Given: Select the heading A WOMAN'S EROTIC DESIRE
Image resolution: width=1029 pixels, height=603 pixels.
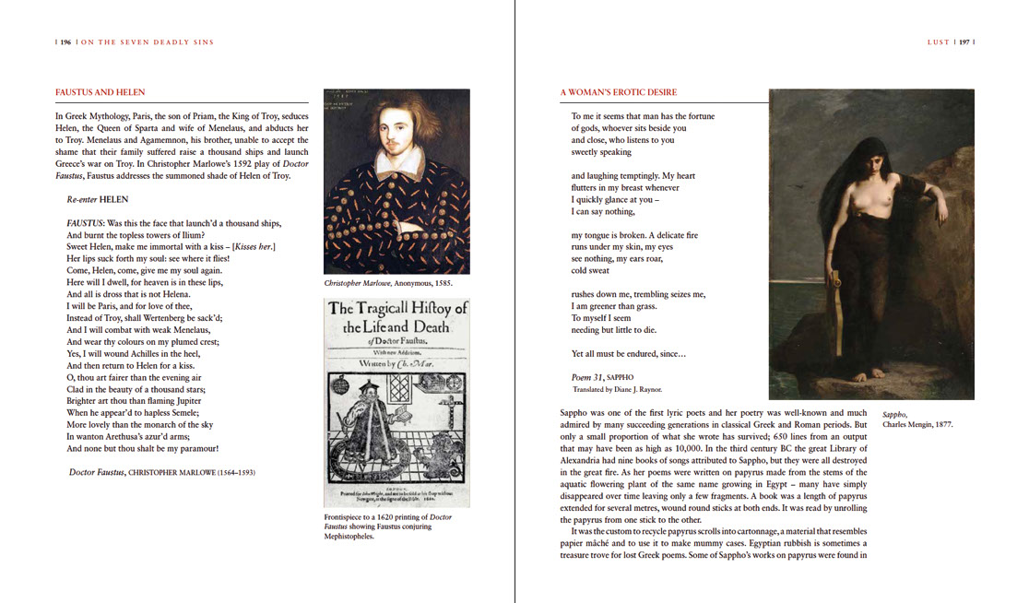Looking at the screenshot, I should coord(618,92).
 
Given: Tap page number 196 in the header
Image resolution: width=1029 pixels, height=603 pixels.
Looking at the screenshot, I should coord(65,41).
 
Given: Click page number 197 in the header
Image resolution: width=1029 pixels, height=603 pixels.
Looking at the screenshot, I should coord(964,41).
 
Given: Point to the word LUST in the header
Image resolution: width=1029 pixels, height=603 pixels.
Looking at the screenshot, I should coord(939,41).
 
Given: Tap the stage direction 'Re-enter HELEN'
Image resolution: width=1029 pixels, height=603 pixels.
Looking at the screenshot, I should coord(97,198).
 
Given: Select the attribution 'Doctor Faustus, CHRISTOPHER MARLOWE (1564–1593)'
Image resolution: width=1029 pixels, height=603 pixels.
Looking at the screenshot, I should coord(161,472).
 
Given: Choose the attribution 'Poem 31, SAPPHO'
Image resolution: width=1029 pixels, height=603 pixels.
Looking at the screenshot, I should coord(605,377).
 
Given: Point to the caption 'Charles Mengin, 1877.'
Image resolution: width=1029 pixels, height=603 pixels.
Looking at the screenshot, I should coord(917,424).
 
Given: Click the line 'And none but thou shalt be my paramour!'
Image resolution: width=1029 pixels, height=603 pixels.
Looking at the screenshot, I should coord(142,449).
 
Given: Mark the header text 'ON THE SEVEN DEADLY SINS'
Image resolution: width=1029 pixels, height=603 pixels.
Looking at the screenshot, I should coord(148,41).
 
